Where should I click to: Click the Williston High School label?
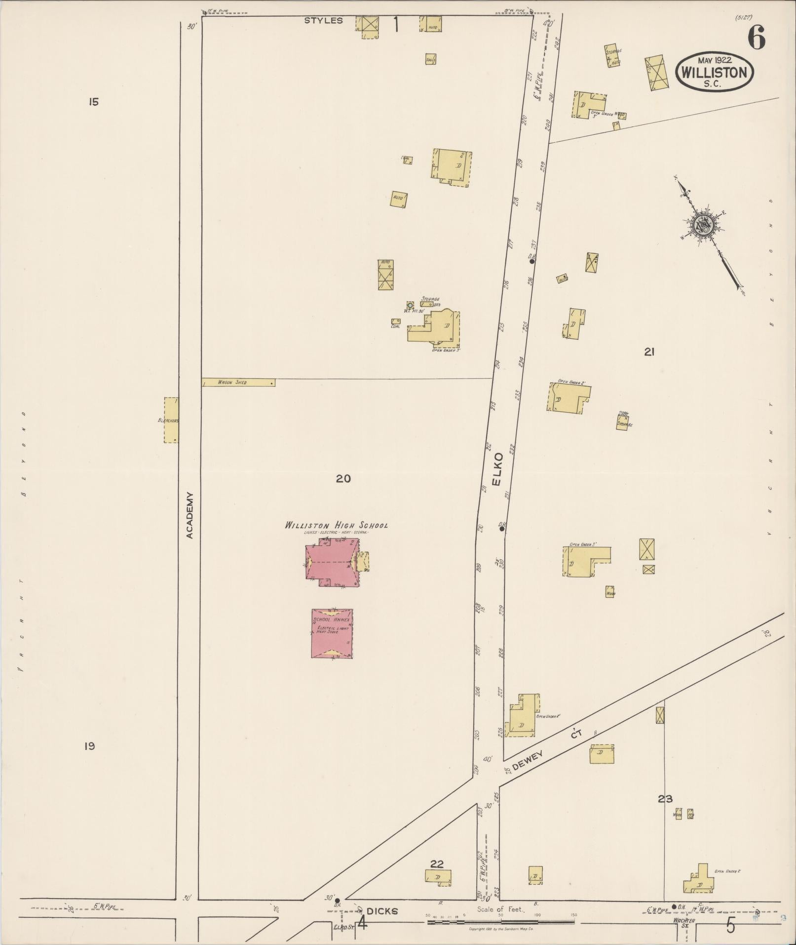(x=336, y=525)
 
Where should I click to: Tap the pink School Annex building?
(x=332, y=634)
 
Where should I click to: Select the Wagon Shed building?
(x=238, y=382)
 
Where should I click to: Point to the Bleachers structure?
(x=171, y=420)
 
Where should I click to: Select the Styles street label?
(x=323, y=21)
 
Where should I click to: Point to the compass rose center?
(x=702, y=226)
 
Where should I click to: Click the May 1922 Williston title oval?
(x=714, y=71)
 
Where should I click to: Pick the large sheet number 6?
(x=756, y=38)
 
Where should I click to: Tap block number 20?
(x=343, y=478)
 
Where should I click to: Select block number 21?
(x=649, y=352)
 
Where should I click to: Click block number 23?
(x=665, y=798)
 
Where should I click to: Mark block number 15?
(x=94, y=102)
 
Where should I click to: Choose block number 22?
(x=437, y=863)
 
